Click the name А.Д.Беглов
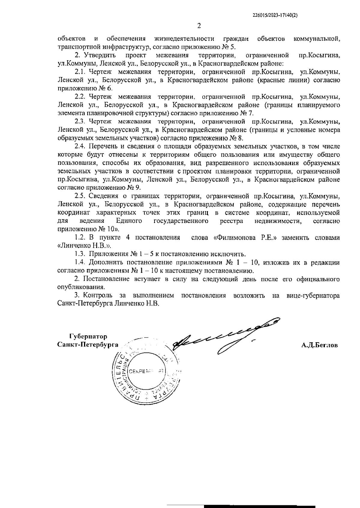point(319,345)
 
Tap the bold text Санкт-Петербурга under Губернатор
point(88,345)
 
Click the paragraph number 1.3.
point(80,254)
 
